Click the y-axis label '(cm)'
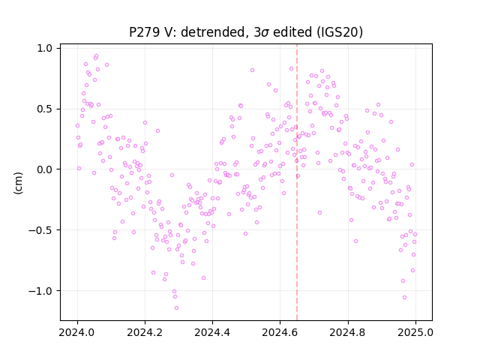(18, 183)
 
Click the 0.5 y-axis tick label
(45, 109)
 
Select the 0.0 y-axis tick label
(45, 169)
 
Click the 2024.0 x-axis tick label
(77, 332)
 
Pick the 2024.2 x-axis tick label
(145, 332)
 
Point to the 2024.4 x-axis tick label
(212, 332)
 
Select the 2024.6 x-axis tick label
(280, 332)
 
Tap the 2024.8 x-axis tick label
(347, 332)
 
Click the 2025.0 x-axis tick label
(415, 332)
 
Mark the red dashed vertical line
(297, 182)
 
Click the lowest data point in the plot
(176, 308)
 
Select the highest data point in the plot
(96, 56)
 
